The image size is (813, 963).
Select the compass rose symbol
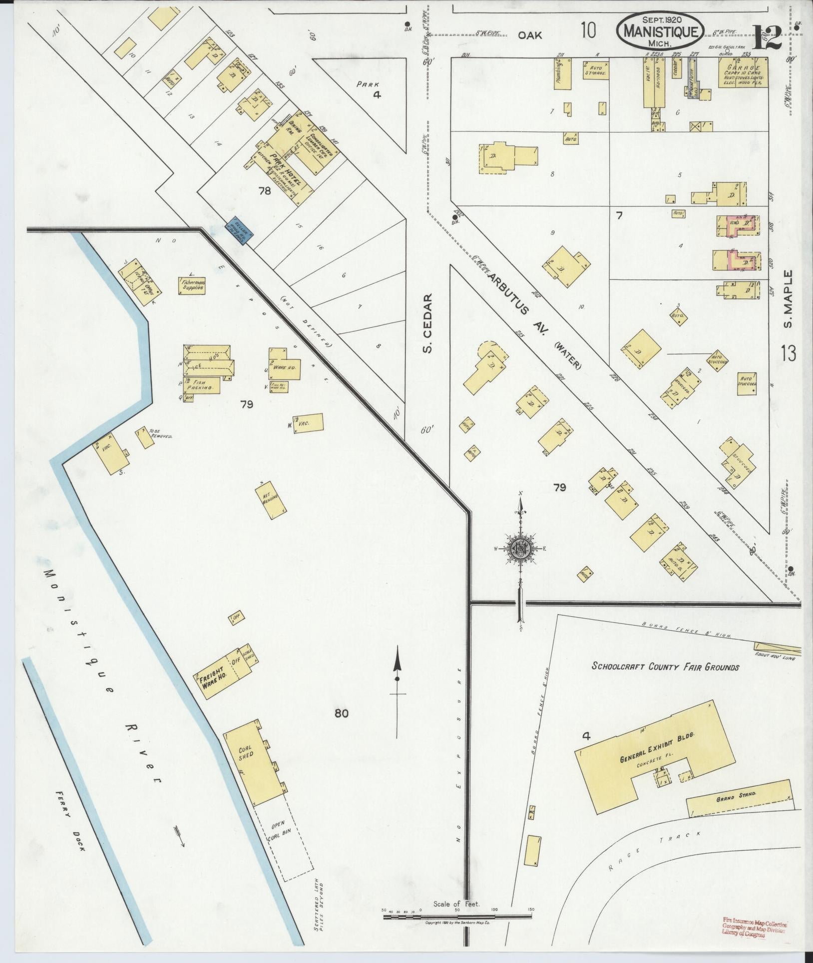point(520,548)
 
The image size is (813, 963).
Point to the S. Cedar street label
point(427,322)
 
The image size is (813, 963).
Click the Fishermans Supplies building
point(192,285)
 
